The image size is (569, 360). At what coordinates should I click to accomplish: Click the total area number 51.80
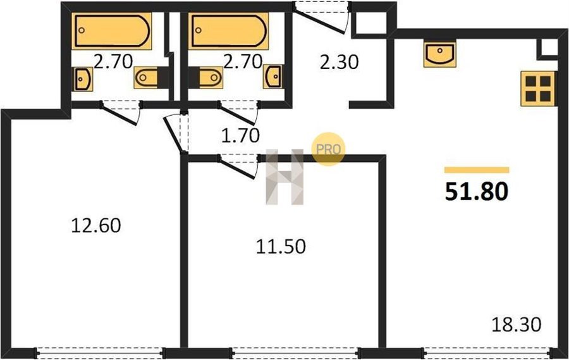[x=476, y=192]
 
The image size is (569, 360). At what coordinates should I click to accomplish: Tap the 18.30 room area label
[x=516, y=325]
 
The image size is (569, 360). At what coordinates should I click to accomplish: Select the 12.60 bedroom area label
[x=96, y=225]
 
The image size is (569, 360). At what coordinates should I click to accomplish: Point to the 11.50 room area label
[x=281, y=247]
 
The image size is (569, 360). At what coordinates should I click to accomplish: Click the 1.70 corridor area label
[x=240, y=135]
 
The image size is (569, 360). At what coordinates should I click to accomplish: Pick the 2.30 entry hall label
[x=340, y=62]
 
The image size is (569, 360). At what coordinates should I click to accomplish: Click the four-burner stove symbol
[x=538, y=89]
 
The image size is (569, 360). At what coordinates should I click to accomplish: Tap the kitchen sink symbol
[x=440, y=54]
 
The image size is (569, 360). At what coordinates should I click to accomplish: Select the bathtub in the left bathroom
[x=111, y=31]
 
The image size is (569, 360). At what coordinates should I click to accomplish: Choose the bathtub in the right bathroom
[x=228, y=31]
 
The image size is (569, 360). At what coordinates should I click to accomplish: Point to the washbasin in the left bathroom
[x=83, y=79]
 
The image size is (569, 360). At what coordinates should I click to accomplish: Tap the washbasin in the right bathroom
[x=272, y=77]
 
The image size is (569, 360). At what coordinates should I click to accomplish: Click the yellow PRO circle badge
[x=328, y=149]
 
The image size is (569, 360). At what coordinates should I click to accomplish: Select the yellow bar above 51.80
[x=477, y=170]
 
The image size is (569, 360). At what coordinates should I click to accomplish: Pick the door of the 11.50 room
[x=238, y=168]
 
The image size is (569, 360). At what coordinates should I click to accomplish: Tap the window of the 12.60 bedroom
[x=100, y=353]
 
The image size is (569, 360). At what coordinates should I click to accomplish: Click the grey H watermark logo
[x=284, y=177]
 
